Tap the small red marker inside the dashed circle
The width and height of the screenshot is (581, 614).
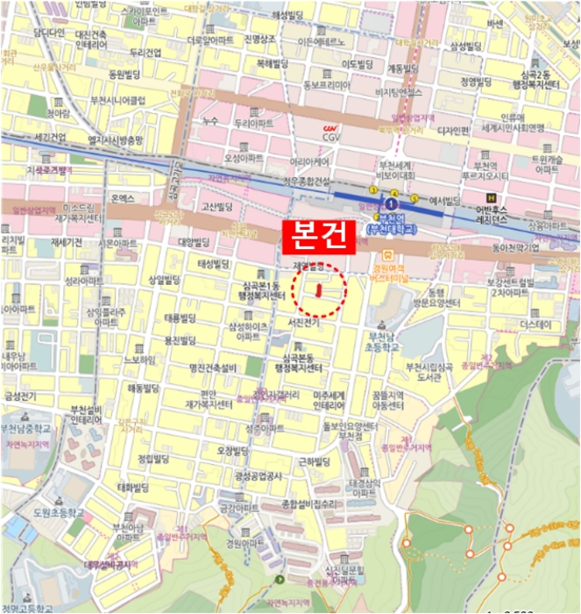319,289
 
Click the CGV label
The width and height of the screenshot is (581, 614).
331,135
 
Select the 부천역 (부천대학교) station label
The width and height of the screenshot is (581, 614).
391,225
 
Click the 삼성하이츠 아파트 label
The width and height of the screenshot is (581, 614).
248,332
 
